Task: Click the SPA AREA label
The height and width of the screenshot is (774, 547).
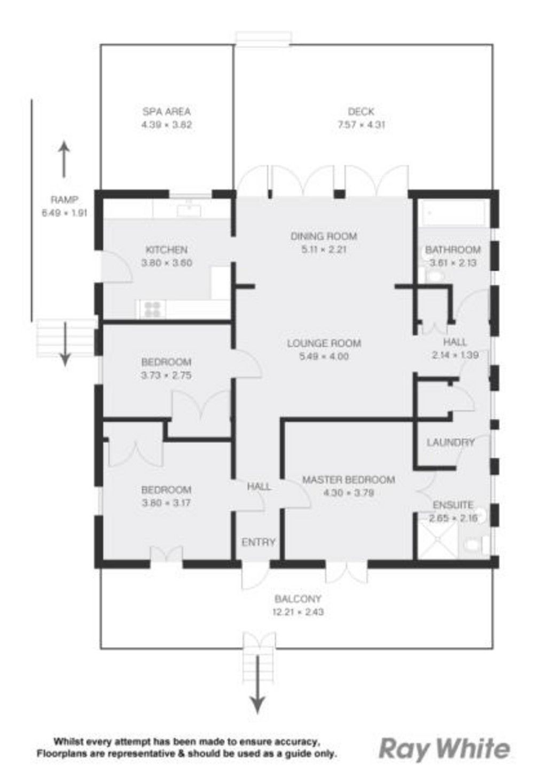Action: click(166, 112)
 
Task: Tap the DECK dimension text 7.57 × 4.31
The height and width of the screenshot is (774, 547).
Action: click(361, 125)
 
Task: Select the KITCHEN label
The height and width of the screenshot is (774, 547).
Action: click(167, 249)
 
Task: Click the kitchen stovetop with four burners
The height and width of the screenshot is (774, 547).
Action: click(153, 309)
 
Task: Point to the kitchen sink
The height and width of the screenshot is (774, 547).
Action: click(189, 208)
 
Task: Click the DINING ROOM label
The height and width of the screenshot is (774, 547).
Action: click(323, 236)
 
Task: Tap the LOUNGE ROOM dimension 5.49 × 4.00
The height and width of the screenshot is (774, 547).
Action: click(324, 356)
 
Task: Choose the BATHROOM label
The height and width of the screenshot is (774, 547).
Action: click(452, 249)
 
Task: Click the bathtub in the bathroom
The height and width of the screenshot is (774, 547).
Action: click(453, 213)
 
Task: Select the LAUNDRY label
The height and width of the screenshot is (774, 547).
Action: click(451, 442)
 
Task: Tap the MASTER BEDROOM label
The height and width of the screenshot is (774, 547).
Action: click(349, 480)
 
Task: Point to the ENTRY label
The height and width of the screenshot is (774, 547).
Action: click(259, 542)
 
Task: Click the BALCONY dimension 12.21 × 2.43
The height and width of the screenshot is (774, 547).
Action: click(298, 612)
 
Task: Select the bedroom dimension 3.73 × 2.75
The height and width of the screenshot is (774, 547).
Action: click(166, 376)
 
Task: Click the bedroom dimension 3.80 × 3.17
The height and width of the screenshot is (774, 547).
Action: click(166, 503)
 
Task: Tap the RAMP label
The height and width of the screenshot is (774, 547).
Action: click(65, 200)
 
